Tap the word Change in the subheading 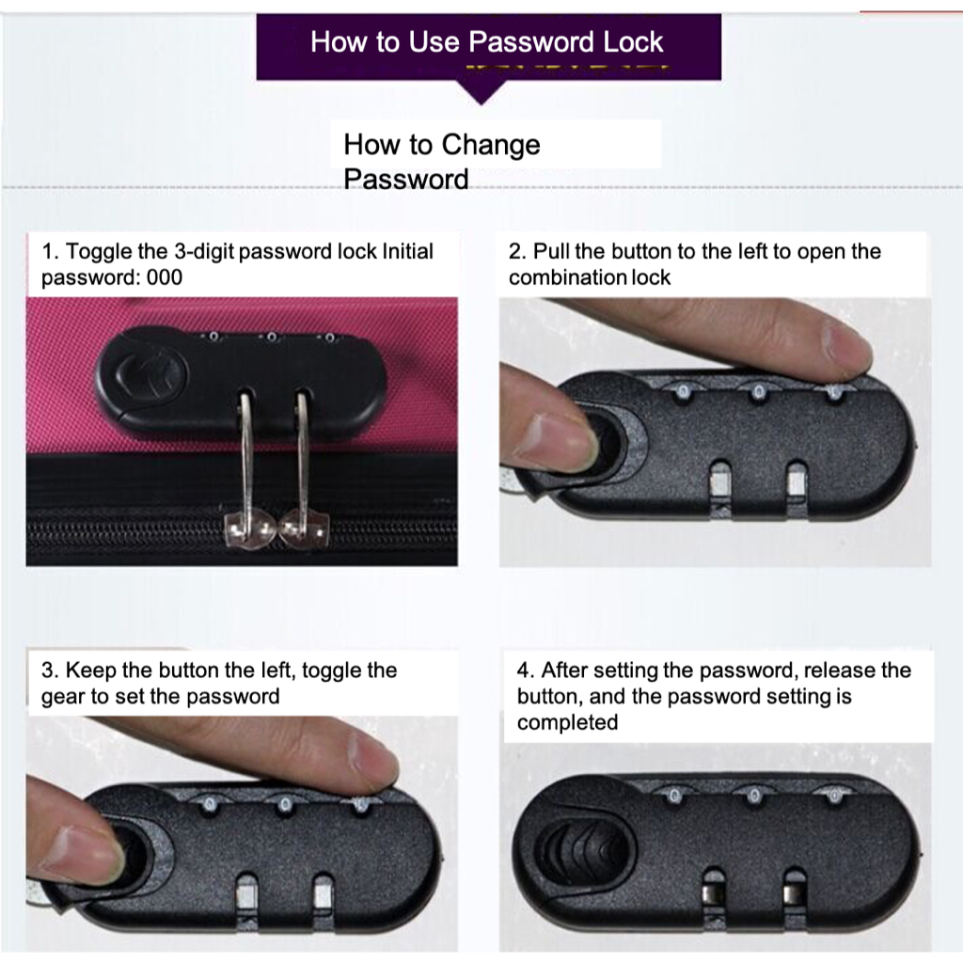491,145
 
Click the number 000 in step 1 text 164,277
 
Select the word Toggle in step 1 98,252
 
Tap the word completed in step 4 567,722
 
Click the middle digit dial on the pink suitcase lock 271,338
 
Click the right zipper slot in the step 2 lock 797,479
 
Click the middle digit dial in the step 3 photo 284,804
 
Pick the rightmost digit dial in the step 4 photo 834,797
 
